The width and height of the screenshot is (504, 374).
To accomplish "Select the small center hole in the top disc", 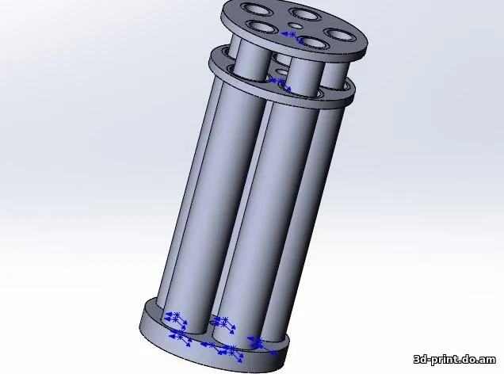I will point(295,26).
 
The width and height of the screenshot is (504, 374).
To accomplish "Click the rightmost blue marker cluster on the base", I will point(255,342).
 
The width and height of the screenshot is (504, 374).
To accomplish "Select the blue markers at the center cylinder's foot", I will point(225,325).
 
